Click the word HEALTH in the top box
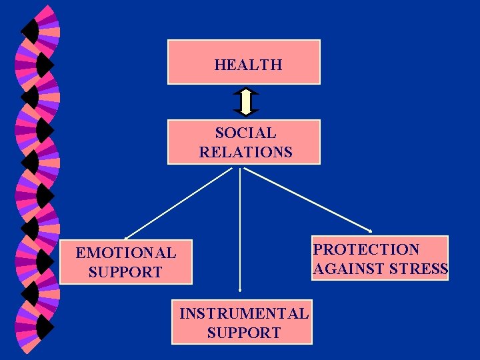point(248,65)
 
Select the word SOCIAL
point(245,133)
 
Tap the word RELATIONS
point(245,152)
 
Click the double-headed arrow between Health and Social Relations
point(246,102)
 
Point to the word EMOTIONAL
point(126,253)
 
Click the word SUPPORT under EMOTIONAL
point(125,272)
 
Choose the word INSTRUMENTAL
point(244,313)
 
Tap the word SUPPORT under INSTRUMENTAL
point(244,333)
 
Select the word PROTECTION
point(366,249)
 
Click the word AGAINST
point(346,269)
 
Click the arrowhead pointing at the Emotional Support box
point(127,237)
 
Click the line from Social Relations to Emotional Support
point(180,202)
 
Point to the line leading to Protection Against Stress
point(307,199)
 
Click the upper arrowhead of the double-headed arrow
point(246,91)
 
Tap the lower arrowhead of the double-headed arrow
point(246,113)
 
